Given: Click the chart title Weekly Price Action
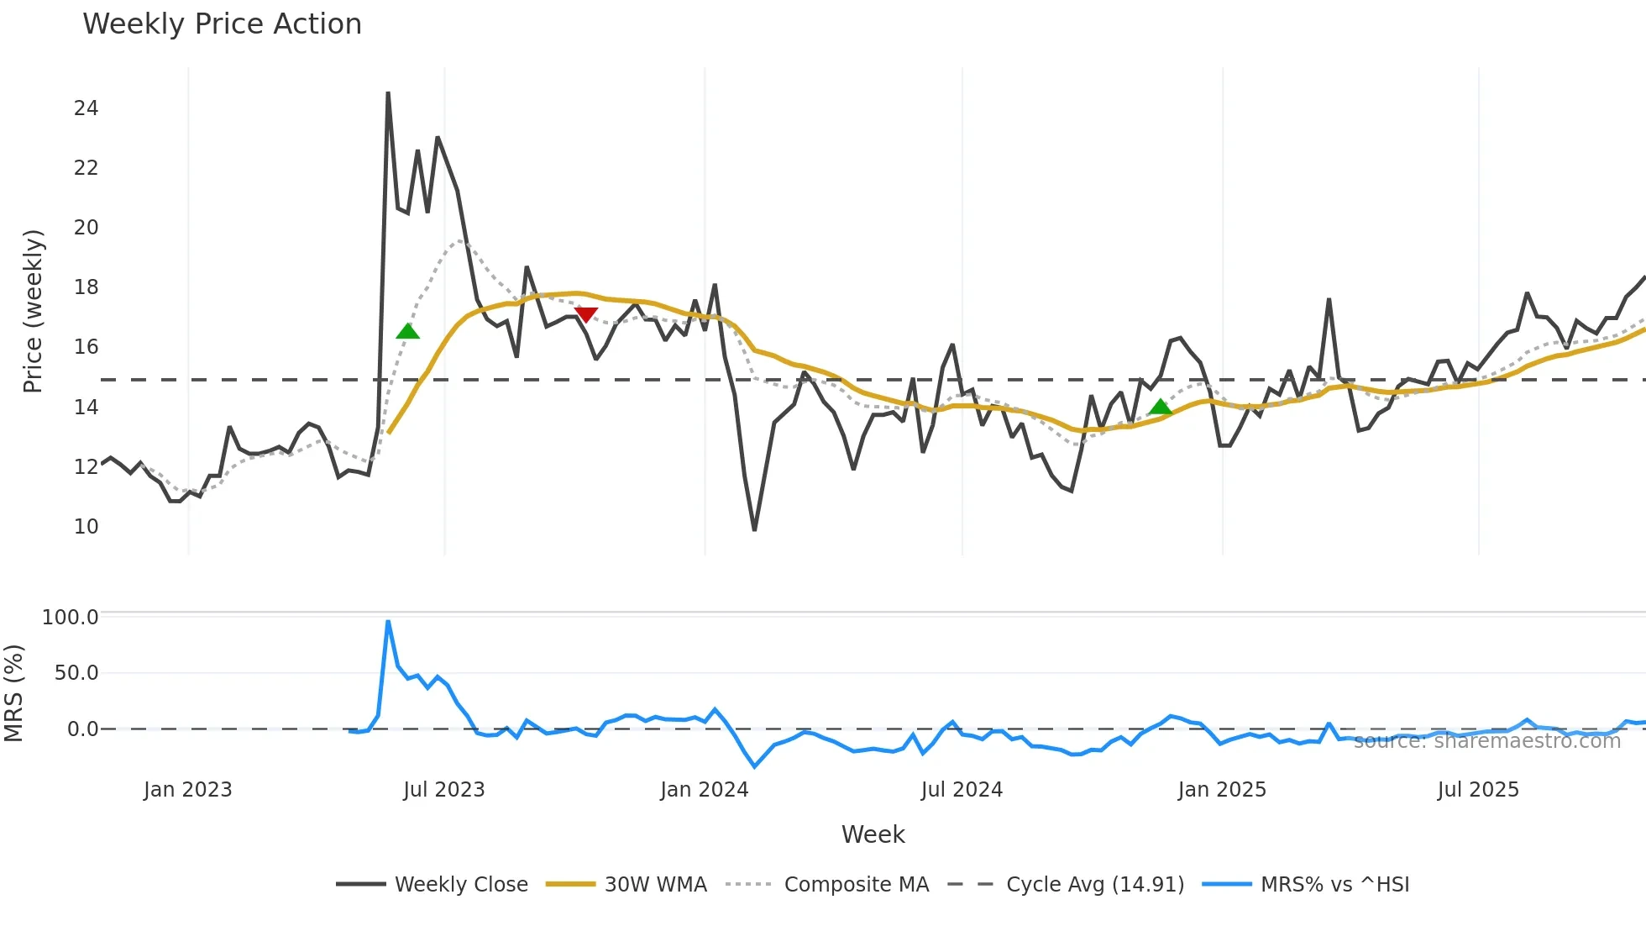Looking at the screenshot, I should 222,24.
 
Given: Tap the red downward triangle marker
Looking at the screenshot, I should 585,315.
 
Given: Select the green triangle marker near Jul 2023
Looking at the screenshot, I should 407,331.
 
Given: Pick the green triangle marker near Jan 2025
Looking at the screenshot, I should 1160,408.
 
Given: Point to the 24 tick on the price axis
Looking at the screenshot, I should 86,108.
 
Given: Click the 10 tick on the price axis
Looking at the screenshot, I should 86,527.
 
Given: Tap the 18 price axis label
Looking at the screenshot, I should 86,287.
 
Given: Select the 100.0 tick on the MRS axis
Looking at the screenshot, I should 71,618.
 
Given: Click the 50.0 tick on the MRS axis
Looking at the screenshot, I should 76,673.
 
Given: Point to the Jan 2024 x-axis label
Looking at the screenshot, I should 704,790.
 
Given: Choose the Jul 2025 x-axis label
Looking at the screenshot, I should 1478,790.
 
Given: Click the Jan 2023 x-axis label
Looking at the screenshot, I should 187,790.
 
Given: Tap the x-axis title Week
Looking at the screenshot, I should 873,834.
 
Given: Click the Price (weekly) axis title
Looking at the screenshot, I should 33,311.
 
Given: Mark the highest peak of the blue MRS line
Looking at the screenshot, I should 388,622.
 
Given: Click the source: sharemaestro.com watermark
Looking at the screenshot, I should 1486,741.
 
